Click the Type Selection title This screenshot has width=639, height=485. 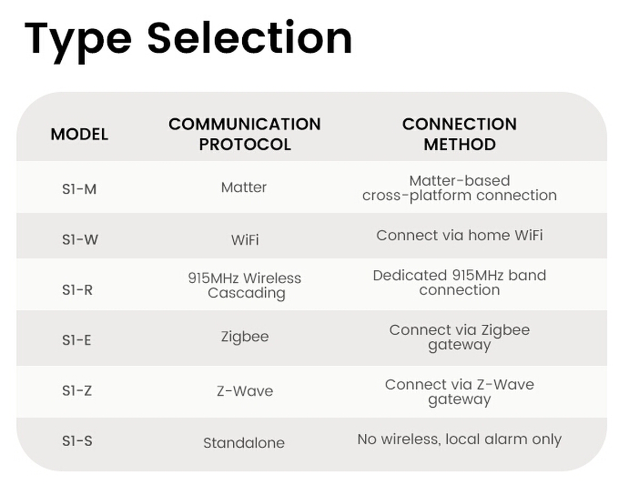click(188, 39)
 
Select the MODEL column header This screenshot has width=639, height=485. click(79, 134)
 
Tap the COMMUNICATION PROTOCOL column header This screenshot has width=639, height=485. click(244, 134)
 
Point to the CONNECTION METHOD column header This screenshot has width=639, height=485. click(460, 134)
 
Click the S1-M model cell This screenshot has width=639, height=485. click(79, 188)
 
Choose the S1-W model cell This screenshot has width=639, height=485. click(80, 240)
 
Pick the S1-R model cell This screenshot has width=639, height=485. click(77, 290)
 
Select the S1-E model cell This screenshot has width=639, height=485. click(77, 340)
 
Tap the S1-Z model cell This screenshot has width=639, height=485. click(77, 391)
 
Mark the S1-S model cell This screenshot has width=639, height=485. click(77, 441)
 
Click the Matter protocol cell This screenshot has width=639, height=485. click(244, 187)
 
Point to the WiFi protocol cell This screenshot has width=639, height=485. click(245, 240)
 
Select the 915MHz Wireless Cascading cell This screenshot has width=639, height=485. click(245, 285)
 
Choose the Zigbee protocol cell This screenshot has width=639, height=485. click(245, 337)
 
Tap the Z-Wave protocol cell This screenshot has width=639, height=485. click(245, 391)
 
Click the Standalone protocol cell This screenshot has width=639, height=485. click(244, 443)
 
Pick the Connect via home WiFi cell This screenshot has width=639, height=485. click(460, 235)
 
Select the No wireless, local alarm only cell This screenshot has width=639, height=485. click(460, 439)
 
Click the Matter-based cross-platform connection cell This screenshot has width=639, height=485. click(460, 188)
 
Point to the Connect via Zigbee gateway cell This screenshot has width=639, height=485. click(460, 337)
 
